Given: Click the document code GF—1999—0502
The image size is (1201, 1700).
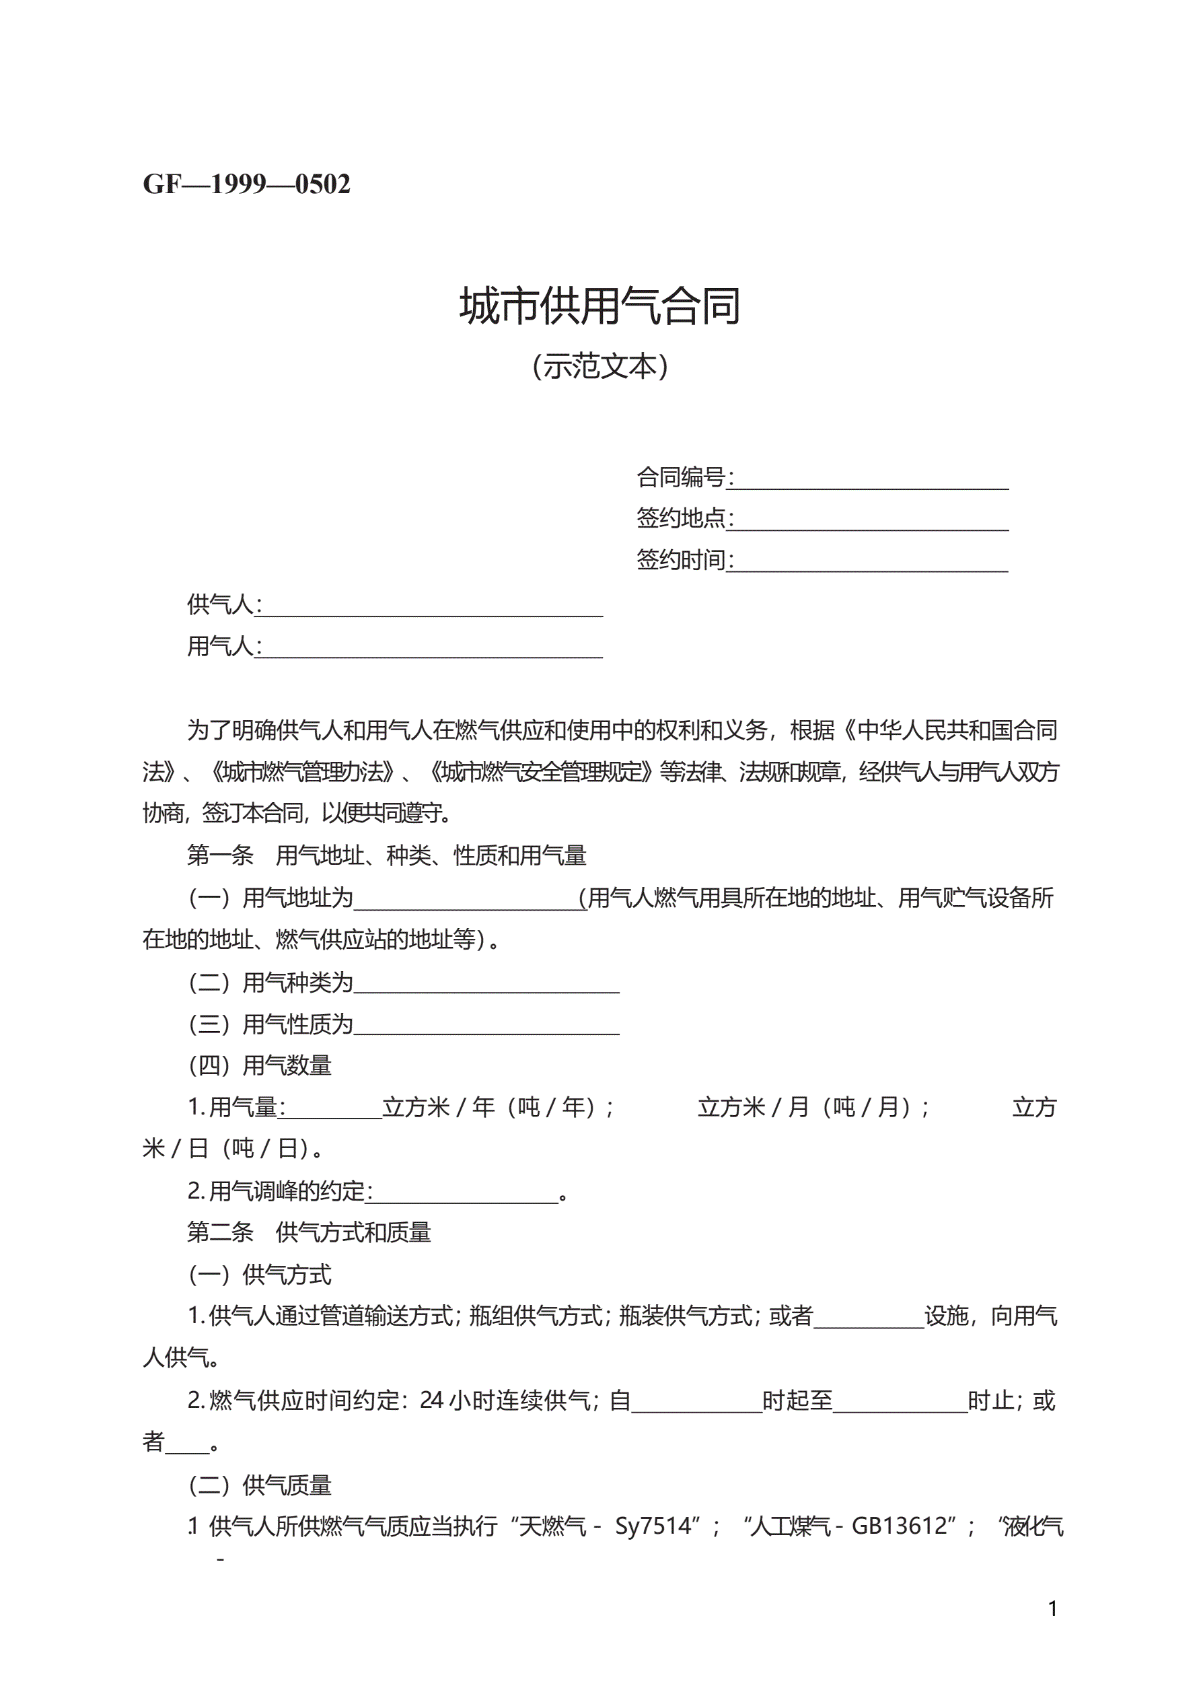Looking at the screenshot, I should click(x=246, y=184).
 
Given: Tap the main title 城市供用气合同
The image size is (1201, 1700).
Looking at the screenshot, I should click(x=599, y=306).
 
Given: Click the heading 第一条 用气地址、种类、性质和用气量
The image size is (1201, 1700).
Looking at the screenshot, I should click(x=386, y=856).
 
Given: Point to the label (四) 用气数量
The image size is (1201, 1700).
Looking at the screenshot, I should click(x=260, y=1065).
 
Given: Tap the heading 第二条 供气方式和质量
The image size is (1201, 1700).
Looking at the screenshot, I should click(x=310, y=1233).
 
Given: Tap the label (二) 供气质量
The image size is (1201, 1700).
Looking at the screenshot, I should click(x=260, y=1485).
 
